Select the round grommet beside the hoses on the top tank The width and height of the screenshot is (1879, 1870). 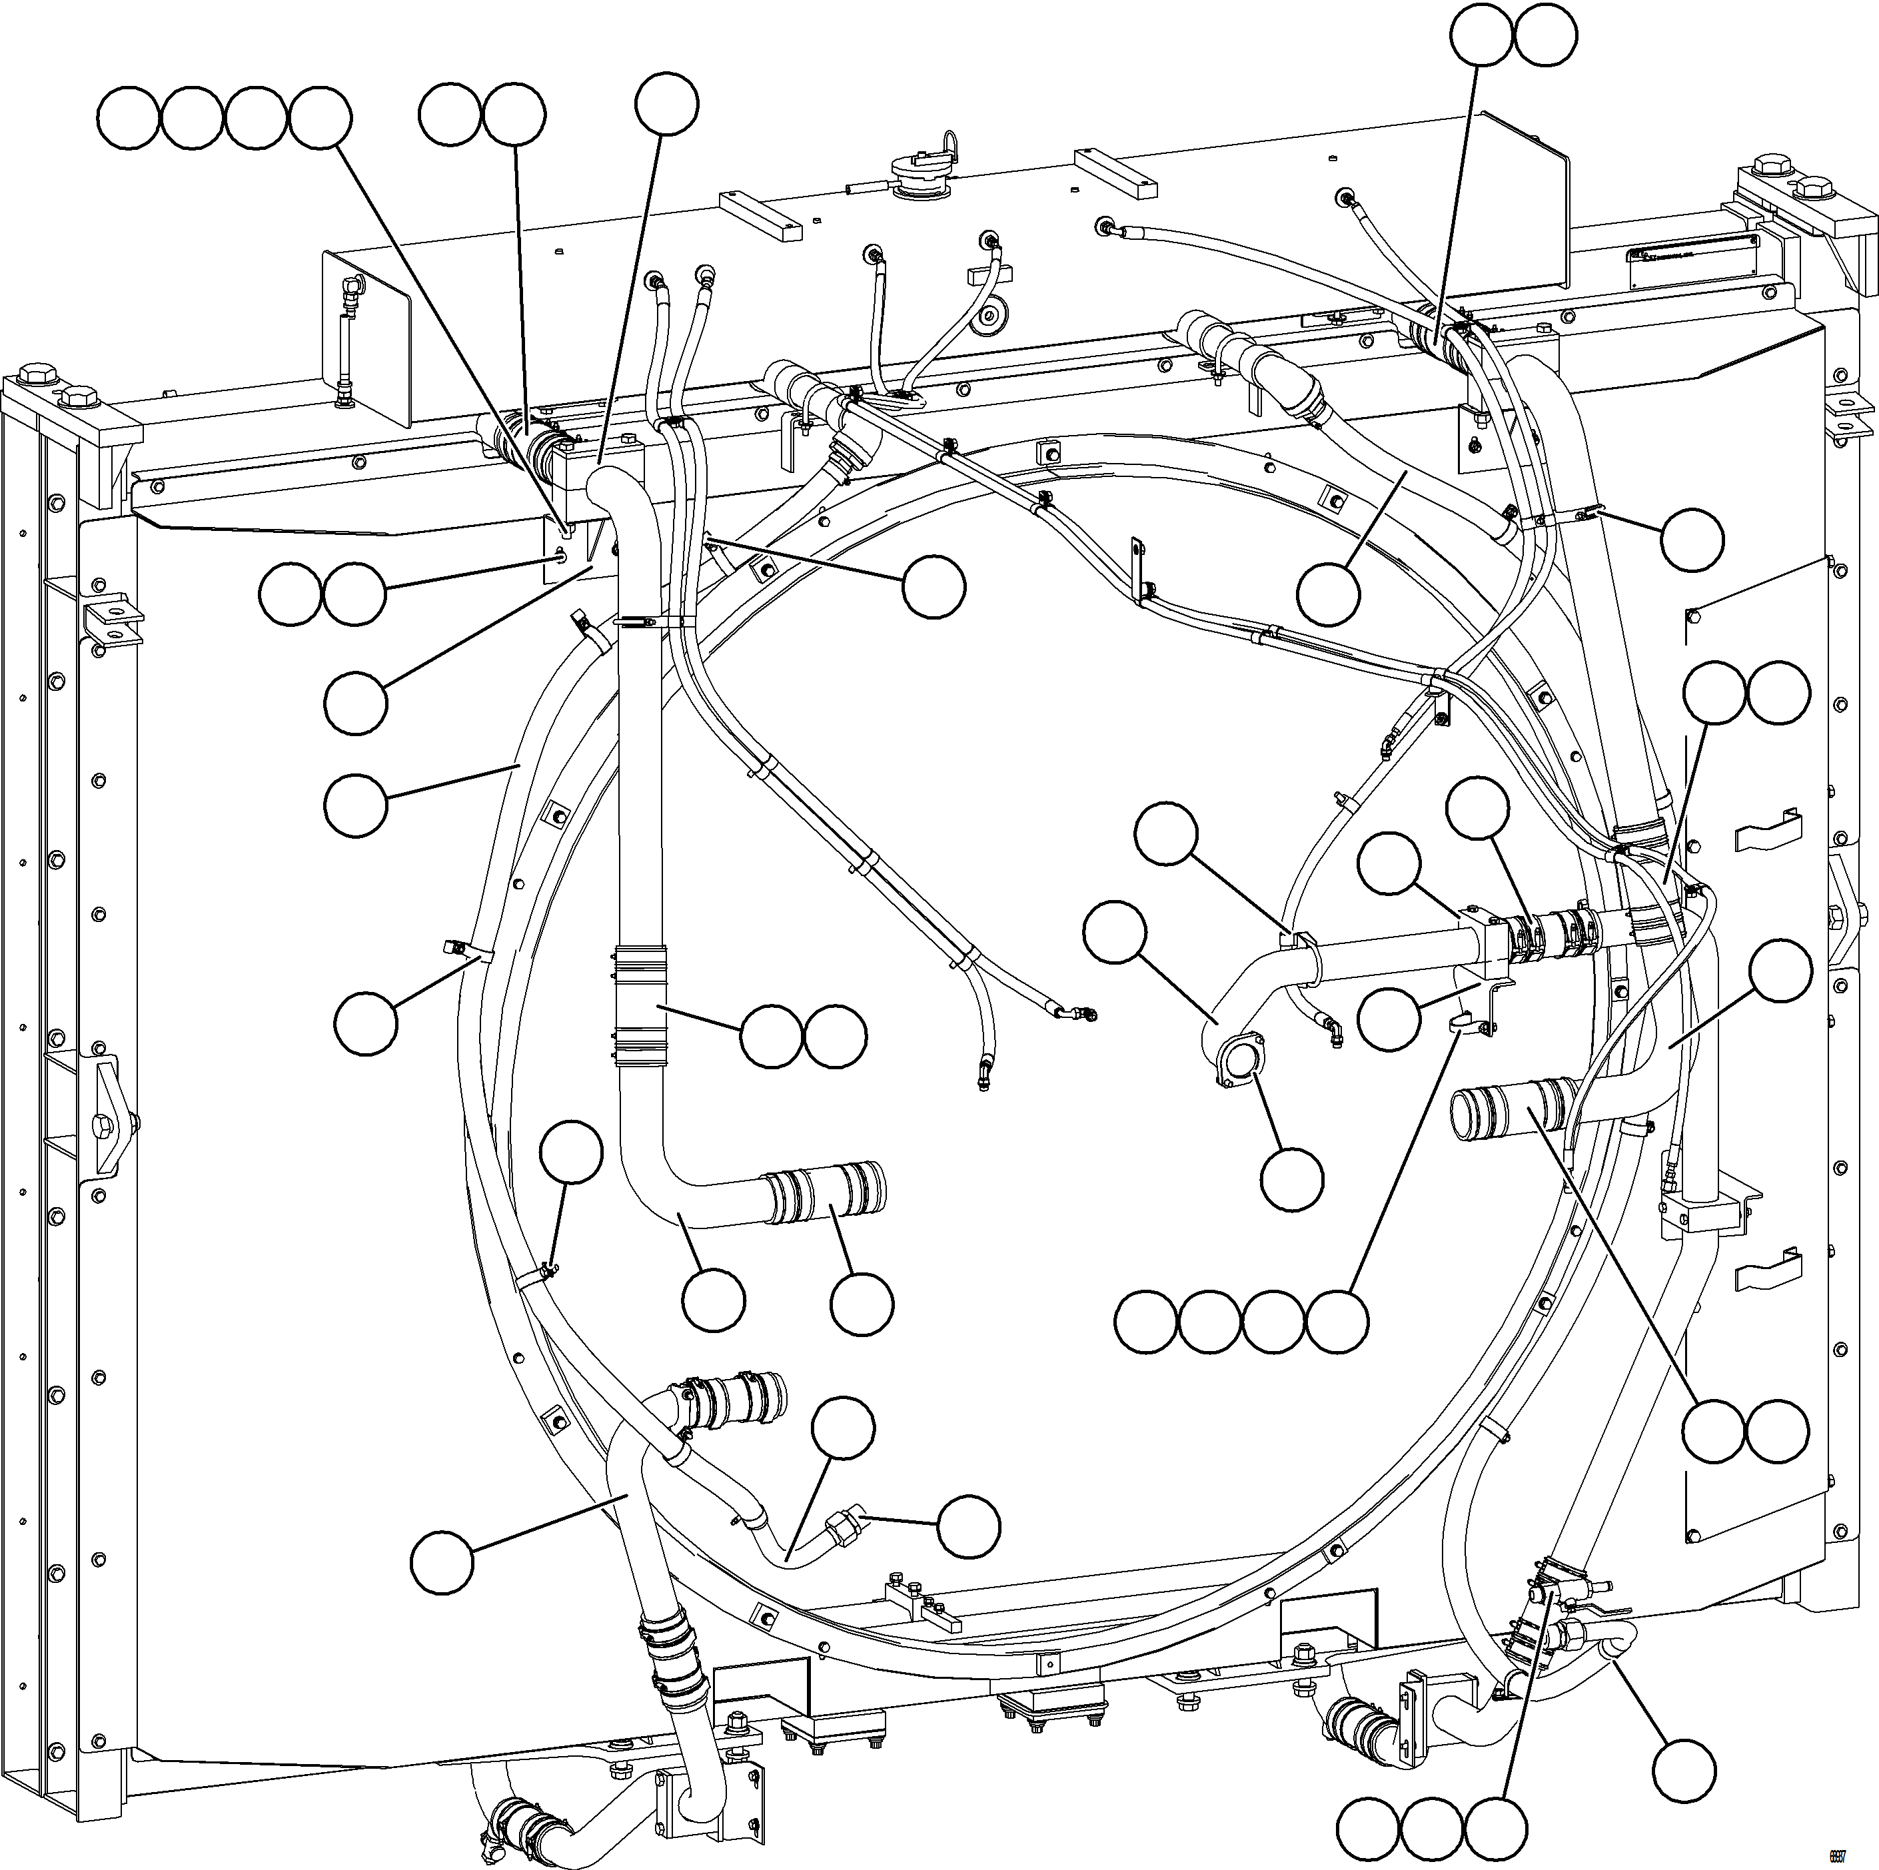pos(993,314)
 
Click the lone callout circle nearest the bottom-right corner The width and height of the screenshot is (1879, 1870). pos(1684,1770)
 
